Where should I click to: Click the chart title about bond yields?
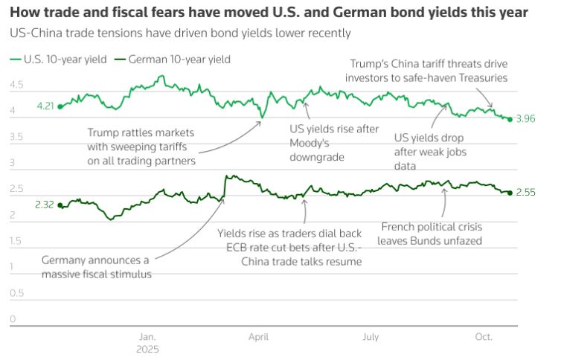269,13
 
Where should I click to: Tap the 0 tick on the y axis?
12,319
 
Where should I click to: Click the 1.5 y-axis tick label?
16,241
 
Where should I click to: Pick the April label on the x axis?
258,337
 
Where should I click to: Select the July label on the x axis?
371,337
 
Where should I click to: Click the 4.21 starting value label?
45,107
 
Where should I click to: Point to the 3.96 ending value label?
525,119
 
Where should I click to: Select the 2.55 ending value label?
525,193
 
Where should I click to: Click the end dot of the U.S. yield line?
510,119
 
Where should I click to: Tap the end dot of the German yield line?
510,193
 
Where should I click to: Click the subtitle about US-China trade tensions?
180,33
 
